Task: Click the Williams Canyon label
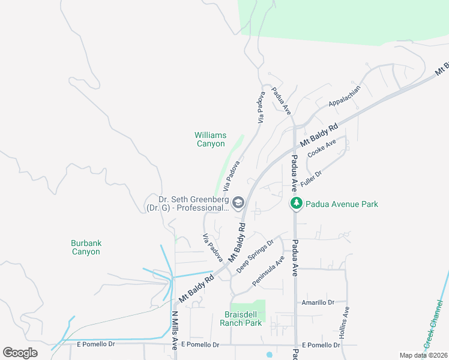(x=210, y=139)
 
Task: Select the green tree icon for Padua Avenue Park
(x=296, y=204)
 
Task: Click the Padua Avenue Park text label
(x=342, y=204)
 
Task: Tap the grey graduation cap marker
(x=238, y=203)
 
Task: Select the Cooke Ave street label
(x=321, y=149)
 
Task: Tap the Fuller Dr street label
(x=311, y=178)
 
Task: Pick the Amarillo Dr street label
(x=318, y=303)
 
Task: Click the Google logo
(x=20, y=353)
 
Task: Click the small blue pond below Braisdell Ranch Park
(x=268, y=354)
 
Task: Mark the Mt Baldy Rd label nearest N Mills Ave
(x=196, y=289)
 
